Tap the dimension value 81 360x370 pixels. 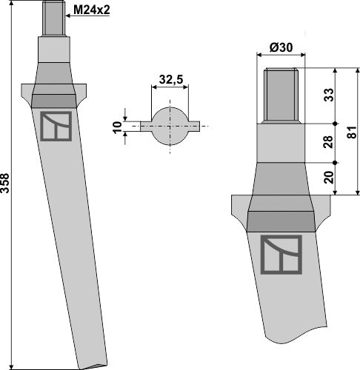click(x=353, y=132)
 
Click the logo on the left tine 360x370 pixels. click(x=56, y=126)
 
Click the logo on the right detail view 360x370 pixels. click(x=281, y=255)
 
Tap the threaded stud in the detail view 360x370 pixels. click(x=281, y=95)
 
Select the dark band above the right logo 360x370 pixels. click(x=281, y=219)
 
